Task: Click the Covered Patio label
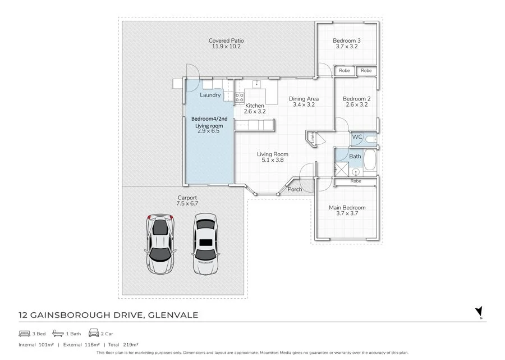pos(226,40)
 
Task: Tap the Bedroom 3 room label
pos(347,40)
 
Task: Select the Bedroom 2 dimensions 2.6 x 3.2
pos(356,104)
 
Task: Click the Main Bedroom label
pos(347,208)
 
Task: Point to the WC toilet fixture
pos(371,139)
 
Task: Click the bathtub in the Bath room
pos(370,160)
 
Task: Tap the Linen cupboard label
pos(313,137)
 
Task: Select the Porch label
pos(295,189)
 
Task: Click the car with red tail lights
pos(160,244)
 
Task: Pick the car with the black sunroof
pos(205,244)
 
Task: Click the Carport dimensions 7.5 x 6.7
pos(187,203)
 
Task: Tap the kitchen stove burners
pos(239,97)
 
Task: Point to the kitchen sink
pos(256,84)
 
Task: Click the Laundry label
pos(210,95)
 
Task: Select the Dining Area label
pos(304,99)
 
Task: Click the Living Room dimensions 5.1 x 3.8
pos(273,160)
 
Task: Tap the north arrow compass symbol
pos(479,312)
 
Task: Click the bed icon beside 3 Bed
pos(25,333)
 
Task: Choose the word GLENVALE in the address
pos(173,315)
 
